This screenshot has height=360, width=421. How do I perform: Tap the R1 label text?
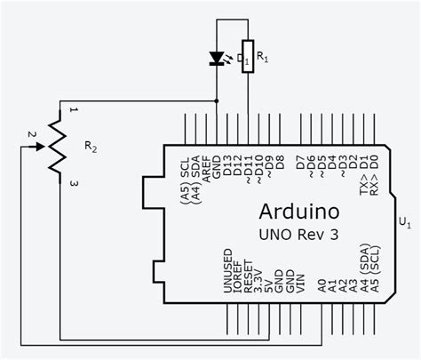pyautogui.click(x=262, y=60)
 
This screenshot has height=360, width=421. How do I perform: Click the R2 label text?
pyautogui.click(x=91, y=145)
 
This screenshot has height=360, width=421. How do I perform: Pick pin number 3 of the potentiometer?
pyautogui.click(x=75, y=183)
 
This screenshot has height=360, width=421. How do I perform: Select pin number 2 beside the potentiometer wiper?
pyautogui.click(x=31, y=134)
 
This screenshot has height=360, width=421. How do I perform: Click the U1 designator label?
pyautogui.click(x=405, y=220)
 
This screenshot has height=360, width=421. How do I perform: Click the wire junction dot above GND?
pyautogui.click(x=218, y=100)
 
